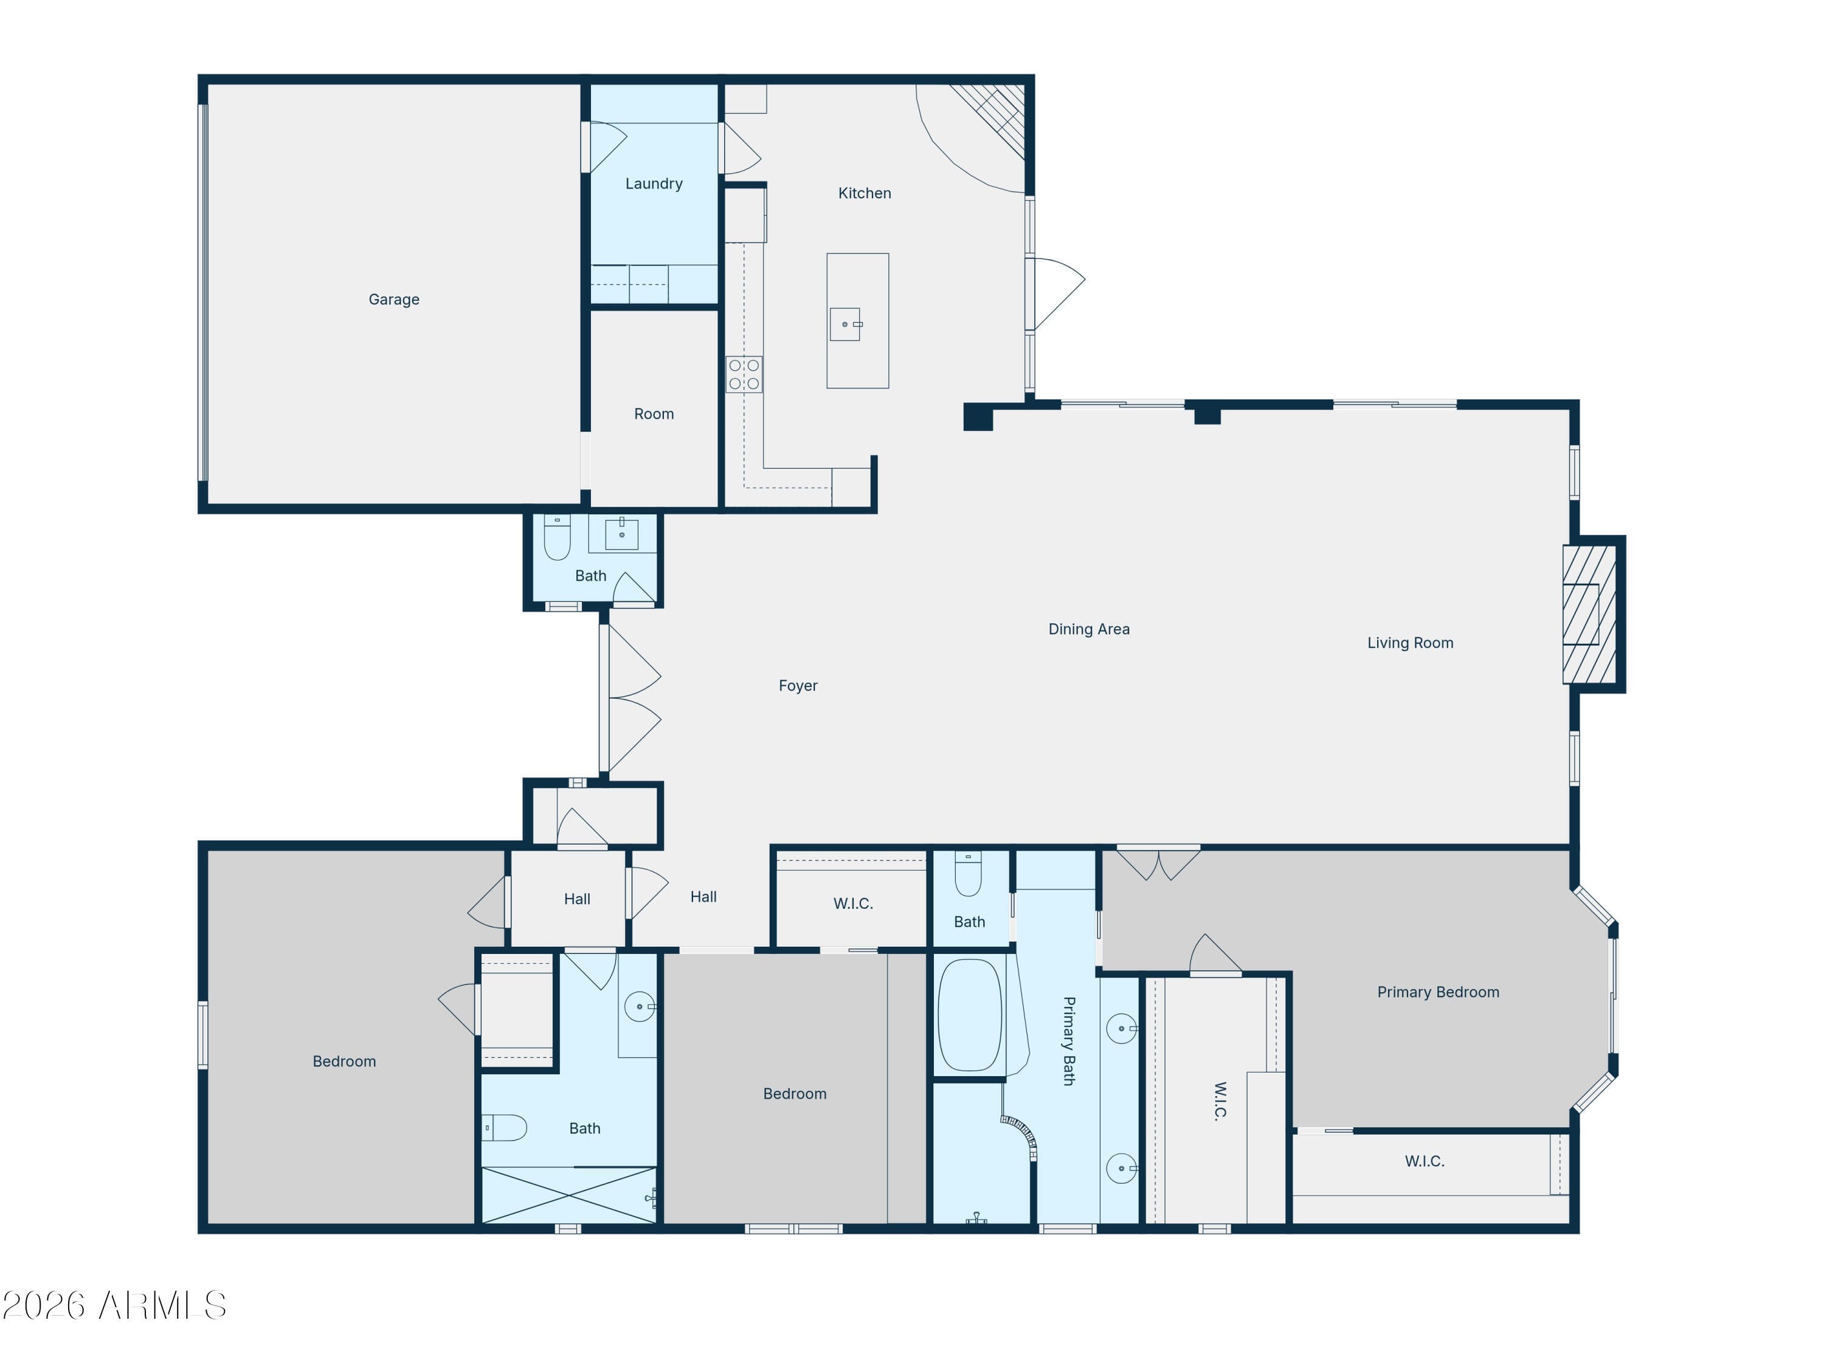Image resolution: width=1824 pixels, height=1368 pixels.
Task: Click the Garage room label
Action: tap(393, 299)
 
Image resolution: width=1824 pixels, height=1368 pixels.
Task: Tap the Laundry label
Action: tap(654, 184)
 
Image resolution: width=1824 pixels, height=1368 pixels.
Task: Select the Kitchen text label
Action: tap(864, 193)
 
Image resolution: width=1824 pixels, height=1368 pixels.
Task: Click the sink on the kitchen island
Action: tap(845, 324)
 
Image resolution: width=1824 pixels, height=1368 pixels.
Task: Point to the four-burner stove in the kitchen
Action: tap(744, 375)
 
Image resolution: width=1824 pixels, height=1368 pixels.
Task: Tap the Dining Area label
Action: tap(1088, 629)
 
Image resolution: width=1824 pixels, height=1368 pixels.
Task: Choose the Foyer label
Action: tap(797, 685)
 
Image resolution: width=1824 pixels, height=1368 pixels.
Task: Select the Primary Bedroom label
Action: tap(1438, 992)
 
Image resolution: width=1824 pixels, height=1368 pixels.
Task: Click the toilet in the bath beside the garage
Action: tap(558, 537)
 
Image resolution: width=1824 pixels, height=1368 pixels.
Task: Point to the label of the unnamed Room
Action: tap(654, 414)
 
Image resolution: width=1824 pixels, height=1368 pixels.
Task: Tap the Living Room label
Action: tap(1410, 643)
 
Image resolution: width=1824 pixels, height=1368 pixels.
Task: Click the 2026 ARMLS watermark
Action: tap(115, 1305)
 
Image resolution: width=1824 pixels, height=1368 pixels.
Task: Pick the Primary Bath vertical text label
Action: tap(1069, 1041)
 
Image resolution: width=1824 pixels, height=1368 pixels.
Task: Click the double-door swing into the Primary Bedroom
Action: tap(1159, 863)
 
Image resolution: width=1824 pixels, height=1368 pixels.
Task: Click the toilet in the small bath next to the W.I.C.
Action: tap(968, 874)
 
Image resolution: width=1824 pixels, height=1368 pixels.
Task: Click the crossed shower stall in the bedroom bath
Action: tap(569, 1195)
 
